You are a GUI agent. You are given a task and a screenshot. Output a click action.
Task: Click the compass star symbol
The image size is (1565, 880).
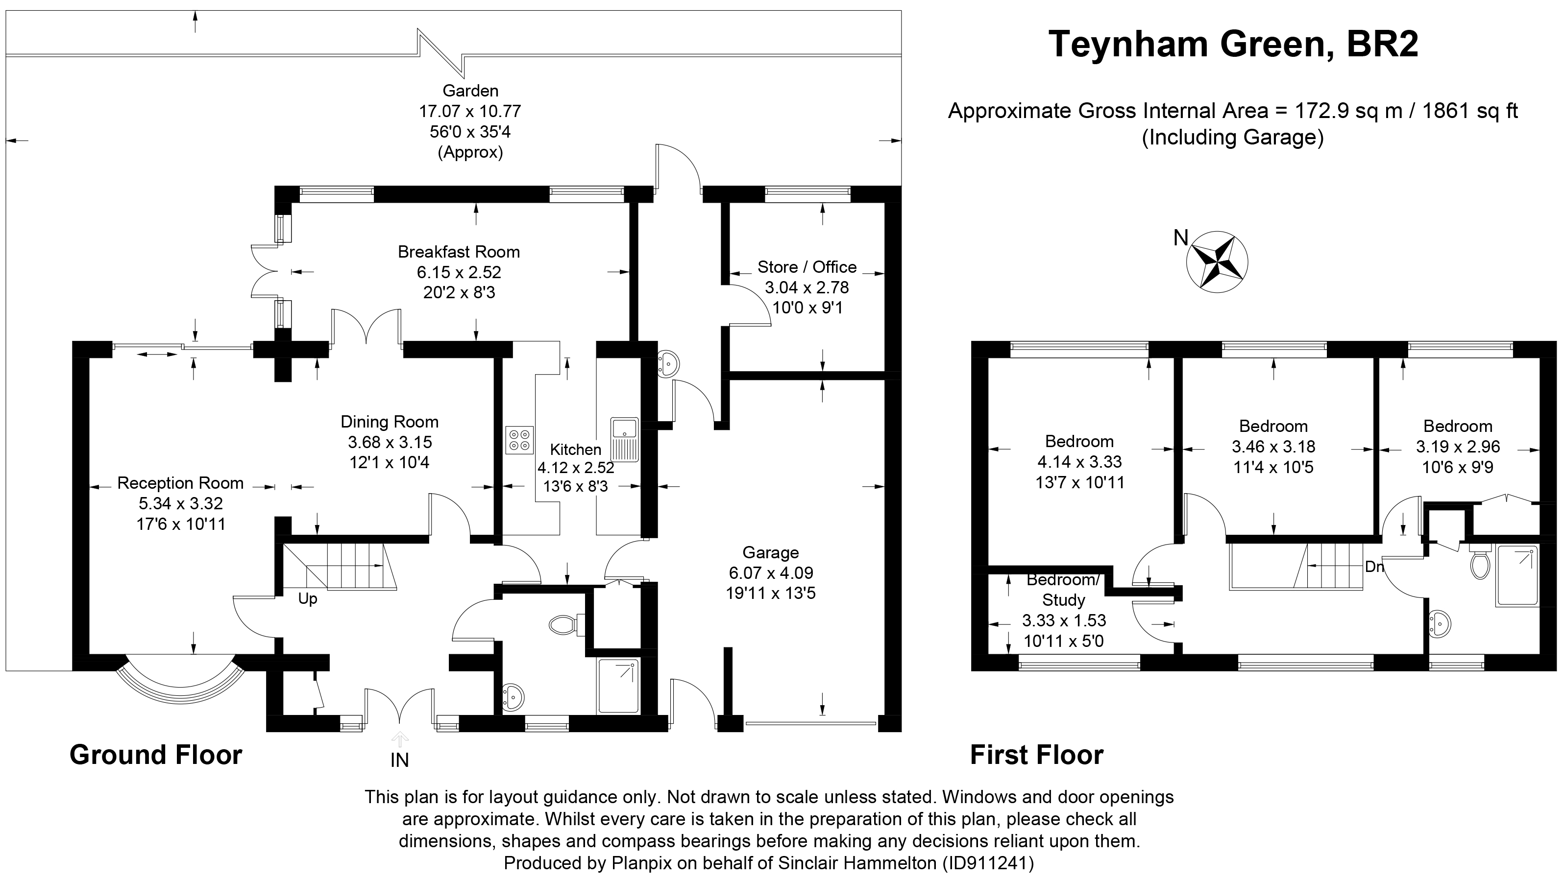(x=1217, y=262)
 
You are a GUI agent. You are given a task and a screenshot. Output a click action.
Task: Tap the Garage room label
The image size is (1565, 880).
(x=770, y=553)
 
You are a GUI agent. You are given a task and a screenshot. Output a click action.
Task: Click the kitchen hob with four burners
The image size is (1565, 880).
(x=519, y=440)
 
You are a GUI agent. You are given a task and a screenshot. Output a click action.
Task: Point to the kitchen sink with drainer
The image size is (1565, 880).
(x=624, y=438)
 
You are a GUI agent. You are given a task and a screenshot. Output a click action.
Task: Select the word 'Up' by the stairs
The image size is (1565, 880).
(x=307, y=599)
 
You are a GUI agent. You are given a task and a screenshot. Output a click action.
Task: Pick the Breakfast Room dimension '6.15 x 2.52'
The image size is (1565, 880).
(x=459, y=272)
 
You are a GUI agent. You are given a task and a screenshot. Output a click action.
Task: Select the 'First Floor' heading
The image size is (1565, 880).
(x=1036, y=755)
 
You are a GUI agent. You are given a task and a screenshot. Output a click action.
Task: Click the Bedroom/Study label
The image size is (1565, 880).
(x=1063, y=590)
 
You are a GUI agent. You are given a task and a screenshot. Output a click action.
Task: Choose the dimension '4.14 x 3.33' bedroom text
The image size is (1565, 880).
(x=1079, y=462)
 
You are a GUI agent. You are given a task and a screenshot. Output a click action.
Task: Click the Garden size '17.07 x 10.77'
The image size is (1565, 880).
(x=469, y=111)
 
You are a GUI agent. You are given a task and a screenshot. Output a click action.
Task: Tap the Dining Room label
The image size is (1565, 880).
(x=390, y=422)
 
